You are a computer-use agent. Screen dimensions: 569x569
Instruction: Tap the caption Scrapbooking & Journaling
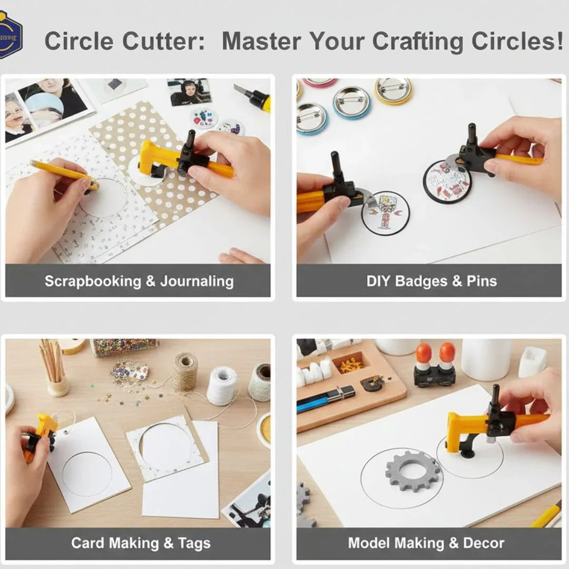coord(139,281)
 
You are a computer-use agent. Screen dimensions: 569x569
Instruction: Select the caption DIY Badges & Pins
coord(431,281)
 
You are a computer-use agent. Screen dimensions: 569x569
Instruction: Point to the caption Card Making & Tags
coord(141,543)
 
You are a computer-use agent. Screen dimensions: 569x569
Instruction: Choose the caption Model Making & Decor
coord(426,543)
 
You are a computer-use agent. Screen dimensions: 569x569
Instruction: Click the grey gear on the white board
coord(413,471)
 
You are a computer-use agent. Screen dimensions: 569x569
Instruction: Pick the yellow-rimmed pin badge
coord(393,90)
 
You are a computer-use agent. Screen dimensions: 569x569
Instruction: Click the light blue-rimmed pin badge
coord(351,101)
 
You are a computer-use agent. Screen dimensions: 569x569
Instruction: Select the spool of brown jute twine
coord(185,372)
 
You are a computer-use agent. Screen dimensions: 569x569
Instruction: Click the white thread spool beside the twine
coord(221,386)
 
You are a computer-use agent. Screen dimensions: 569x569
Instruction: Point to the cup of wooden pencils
coord(55,369)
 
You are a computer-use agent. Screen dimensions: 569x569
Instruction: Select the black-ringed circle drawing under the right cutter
coord(447,181)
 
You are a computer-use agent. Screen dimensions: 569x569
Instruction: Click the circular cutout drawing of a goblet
coord(385,213)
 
